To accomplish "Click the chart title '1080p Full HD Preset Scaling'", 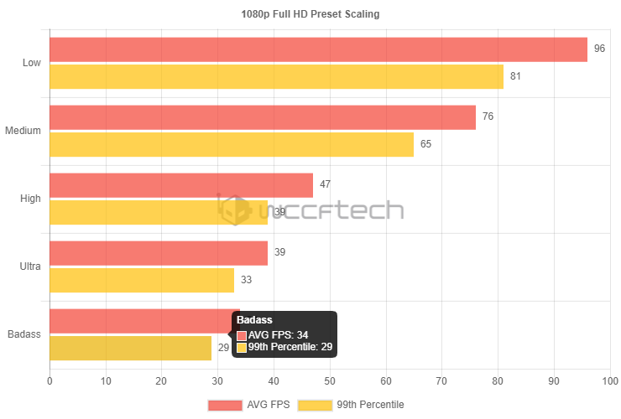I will (310, 14).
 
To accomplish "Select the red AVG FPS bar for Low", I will (318, 49).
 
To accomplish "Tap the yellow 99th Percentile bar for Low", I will (276, 77).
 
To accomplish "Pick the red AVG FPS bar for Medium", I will (262, 117).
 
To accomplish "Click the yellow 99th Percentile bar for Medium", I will (232, 145).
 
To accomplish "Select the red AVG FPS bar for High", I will (181, 185).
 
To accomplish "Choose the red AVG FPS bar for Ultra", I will (159, 253).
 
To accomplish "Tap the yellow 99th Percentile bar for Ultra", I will (142, 281).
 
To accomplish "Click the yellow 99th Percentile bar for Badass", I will (130, 349).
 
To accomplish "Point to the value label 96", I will (599, 49).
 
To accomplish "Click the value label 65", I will (425, 144).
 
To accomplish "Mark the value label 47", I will (325, 184).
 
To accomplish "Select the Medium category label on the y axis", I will (23, 131).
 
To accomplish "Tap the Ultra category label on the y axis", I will (29, 266).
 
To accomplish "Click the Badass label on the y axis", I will (23, 334).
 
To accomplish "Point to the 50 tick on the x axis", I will (330, 381).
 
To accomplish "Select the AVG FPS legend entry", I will (250, 405).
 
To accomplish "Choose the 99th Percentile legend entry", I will (352, 405).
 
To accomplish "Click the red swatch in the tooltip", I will (242, 335).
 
